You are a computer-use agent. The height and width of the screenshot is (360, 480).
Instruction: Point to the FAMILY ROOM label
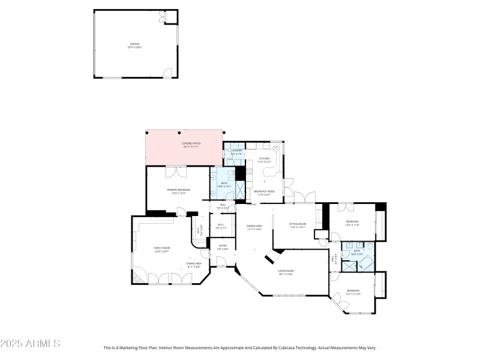(162, 250)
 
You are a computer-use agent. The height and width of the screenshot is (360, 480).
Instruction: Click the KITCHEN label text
(265, 160)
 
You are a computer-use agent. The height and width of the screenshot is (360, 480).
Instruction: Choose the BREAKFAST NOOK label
(264, 193)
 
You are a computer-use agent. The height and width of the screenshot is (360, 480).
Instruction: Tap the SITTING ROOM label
(298, 225)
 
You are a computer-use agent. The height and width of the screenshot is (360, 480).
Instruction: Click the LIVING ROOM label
(285, 272)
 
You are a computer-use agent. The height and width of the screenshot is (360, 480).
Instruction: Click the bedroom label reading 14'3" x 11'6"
(352, 223)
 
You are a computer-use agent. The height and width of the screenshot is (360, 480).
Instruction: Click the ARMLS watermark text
(30, 344)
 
